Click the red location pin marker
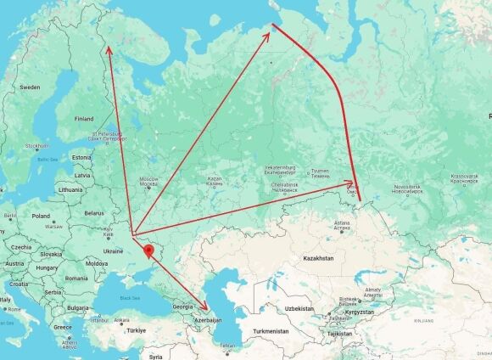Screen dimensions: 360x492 click(x=148, y=251)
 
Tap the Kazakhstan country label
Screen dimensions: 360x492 click(x=319, y=257)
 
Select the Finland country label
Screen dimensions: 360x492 click(x=84, y=119)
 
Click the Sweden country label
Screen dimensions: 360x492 click(x=30, y=87)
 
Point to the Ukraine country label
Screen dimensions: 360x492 click(x=112, y=251)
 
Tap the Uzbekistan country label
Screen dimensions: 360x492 click(x=299, y=308)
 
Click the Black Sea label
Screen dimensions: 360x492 click(x=129, y=298)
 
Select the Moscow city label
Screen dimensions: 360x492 click(x=149, y=179)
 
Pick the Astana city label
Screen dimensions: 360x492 click(x=341, y=222)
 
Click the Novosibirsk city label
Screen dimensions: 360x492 click(x=407, y=185)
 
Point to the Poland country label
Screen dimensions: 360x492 click(x=42, y=217)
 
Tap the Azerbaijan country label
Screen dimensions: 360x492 click(x=209, y=320)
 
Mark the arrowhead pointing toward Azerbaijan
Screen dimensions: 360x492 click(x=204, y=307)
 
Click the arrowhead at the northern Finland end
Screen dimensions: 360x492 click(x=108, y=49)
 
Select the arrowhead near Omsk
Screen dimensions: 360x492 click(x=352, y=183)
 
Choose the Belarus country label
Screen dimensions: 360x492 click(x=93, y=213)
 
